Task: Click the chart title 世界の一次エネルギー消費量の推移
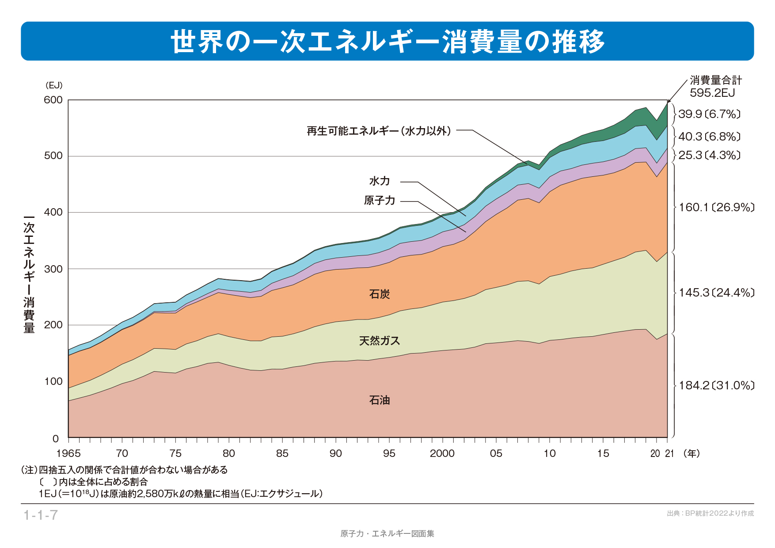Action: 387,42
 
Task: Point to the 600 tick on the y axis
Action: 53,100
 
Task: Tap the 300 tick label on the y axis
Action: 53,269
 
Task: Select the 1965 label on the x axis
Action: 68,453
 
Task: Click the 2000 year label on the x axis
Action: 442,453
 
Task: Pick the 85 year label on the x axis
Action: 282,453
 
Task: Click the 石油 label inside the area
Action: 380,400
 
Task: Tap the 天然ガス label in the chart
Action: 380,341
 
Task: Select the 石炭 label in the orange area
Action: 380,294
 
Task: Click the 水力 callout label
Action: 380,181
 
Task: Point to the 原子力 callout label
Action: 380,201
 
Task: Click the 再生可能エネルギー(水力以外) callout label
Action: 379,131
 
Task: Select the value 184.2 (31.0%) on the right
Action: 716,386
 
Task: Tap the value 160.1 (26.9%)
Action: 716,208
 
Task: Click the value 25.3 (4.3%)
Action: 709,156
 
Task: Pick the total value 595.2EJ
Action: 712,93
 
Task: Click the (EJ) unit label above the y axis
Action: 54,85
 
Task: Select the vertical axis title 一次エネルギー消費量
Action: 29,274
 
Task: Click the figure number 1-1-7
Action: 40,515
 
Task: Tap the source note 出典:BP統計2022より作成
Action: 710,514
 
